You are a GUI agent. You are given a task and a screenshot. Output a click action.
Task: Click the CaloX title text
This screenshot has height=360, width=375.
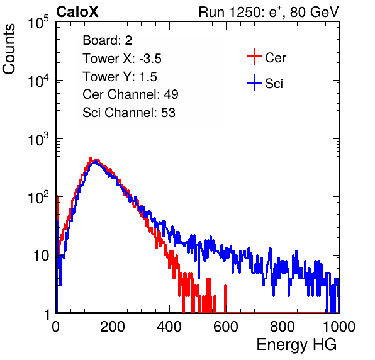77,12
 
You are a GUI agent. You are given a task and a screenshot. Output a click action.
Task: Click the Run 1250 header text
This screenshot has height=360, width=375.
269,12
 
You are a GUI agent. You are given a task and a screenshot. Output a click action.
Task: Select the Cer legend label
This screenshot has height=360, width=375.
275,58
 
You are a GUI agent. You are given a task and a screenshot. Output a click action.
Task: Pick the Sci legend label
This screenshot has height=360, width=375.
274,84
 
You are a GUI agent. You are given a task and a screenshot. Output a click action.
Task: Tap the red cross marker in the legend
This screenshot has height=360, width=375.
254,57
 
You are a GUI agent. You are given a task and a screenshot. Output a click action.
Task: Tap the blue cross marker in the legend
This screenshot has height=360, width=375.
254,82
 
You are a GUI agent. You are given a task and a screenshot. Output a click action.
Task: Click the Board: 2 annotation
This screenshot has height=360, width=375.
108,40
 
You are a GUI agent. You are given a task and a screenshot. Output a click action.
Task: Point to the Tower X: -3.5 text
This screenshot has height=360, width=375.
122,59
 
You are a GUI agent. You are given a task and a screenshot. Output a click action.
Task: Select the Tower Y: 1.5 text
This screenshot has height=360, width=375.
120,77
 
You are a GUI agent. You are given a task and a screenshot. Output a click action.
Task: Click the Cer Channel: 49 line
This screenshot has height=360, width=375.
130,94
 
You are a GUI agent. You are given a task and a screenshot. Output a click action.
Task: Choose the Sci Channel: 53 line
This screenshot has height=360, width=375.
129,113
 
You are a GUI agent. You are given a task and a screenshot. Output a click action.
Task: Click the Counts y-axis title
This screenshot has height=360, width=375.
9,49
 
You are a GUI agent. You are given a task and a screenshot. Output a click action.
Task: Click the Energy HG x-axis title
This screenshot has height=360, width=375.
296,345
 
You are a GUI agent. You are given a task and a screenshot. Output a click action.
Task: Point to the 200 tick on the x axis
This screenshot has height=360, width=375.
113,327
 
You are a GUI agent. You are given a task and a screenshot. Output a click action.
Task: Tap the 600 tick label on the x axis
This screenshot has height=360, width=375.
226,327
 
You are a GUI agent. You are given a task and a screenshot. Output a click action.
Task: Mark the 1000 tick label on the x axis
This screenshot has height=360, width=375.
339,327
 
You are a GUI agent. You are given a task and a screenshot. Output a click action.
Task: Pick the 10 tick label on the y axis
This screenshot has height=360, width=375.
41,256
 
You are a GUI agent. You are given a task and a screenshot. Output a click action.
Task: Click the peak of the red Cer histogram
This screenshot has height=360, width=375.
91,158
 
